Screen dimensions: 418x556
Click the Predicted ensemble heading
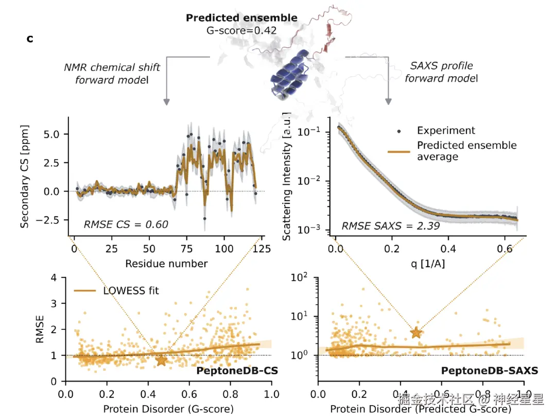[x=241, y=18]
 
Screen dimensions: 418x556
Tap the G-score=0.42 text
[x=241, y=30]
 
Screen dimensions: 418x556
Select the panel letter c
[x=30, y=39]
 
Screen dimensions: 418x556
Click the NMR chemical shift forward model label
[x=112, y=73]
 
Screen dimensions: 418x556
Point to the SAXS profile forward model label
[x=441, y=72]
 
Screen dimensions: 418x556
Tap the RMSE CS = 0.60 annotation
[x=126, y=224]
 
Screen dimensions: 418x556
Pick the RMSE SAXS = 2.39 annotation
[x=391, y=225]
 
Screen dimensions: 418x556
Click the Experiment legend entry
[x=446, y=131]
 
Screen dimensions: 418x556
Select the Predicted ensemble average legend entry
[x=466, y=150]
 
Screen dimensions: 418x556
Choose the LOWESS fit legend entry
[x=131, y=290]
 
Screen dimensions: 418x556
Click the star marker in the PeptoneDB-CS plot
[x=162, y=360]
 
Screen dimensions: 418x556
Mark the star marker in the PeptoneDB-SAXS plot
[x=416, y=333]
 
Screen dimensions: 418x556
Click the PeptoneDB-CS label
[x=230, y=371]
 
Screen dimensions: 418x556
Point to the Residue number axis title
[x=166, y=264]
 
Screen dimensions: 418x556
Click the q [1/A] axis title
[x=427, y=264]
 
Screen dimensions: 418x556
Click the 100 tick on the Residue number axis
[x=224, y=249]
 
